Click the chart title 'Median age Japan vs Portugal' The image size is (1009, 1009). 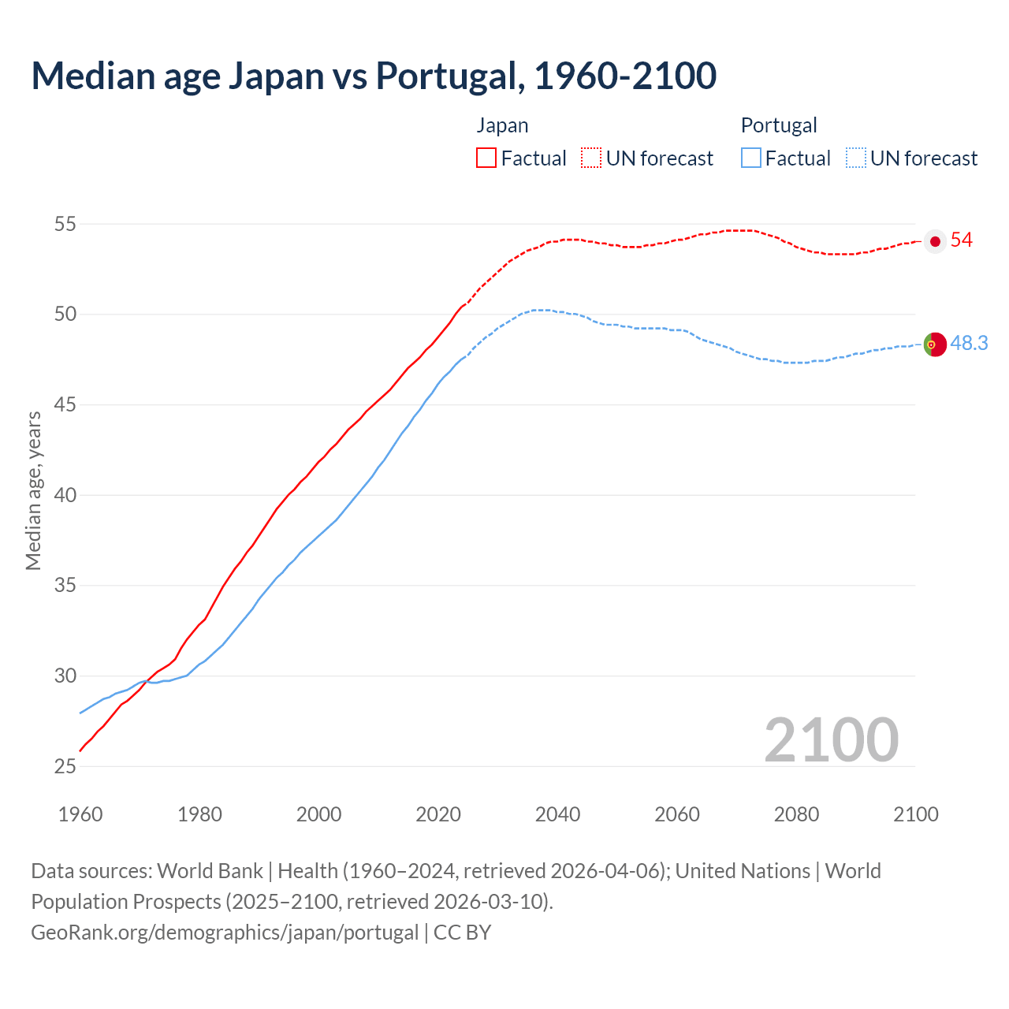(374, 76)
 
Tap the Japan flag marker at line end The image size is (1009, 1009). (935, 241)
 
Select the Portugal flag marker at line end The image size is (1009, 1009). (935, 344)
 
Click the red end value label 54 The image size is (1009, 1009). (962, 240)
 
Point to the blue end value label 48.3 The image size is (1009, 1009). (969, 344)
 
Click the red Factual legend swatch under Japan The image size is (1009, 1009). (486, 158)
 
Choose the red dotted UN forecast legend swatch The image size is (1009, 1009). (591, 158)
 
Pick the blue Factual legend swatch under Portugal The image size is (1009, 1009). (751, 158)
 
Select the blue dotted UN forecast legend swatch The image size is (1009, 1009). (856, 158)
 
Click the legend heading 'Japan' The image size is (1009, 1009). (502, 125)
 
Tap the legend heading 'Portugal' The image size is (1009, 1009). (779, 125)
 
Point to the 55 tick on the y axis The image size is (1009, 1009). (65, 225)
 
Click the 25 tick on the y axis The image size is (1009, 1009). (65, 767)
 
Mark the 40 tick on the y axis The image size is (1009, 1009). (65, 496)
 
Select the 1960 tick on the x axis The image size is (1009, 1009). (80, 814)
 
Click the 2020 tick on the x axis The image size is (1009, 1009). (438, 814)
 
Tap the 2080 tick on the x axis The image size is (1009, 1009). (796, 814)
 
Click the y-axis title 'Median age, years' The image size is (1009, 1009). (33, 490)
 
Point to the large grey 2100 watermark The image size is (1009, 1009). (831, 740)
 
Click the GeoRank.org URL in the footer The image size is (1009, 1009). (225, 933)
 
